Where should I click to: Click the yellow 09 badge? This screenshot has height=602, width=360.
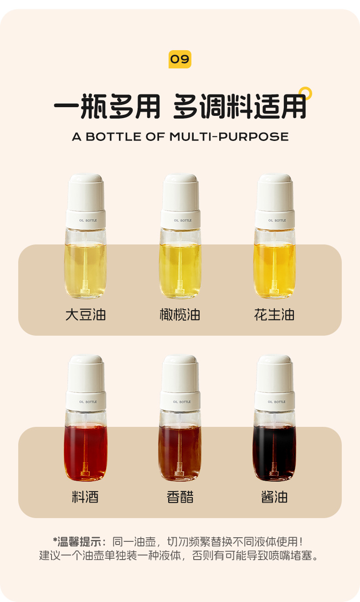pos(180,59)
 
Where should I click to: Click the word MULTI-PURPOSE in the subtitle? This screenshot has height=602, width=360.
pos(229,137)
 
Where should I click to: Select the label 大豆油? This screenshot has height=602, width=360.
pos(86,315)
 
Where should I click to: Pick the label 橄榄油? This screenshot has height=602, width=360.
pos(180,315)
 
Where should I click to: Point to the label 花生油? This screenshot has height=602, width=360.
pos(274,315)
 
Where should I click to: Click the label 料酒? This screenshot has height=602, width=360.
pos(85,497)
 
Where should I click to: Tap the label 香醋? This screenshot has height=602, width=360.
pos(180,497)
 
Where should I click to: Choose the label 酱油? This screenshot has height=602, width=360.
pos(274,497)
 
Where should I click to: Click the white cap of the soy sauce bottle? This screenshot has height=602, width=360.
pos(275,374)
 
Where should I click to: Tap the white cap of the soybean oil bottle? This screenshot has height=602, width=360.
pos(86,192)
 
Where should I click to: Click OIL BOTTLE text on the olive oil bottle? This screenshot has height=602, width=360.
pos(183,220)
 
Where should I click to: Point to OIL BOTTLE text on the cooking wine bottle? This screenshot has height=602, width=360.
pos(88,402)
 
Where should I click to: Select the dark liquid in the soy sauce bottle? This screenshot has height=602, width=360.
pos(274,452)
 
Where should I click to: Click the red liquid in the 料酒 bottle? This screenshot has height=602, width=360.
pos(86,452)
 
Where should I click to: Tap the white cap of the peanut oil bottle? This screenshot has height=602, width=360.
pos(275,192)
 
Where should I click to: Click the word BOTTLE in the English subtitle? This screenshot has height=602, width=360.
pos(113,137)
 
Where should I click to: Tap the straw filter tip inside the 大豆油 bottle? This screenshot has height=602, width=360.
pos(85,287)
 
